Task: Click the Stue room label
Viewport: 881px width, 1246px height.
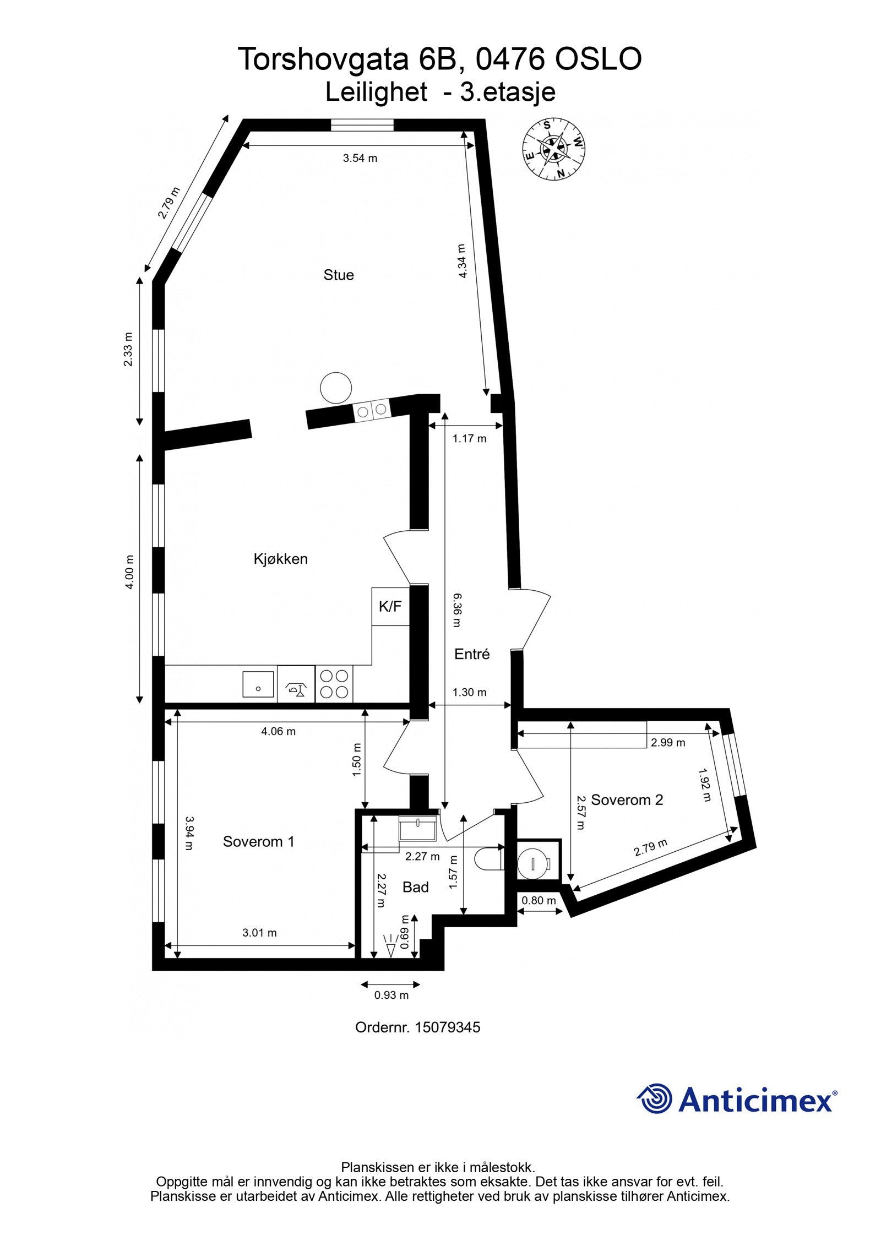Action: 338,275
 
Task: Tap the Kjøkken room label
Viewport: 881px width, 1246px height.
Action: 280,559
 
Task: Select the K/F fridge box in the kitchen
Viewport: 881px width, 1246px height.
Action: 390,606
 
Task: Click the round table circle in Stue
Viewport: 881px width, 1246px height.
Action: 336,388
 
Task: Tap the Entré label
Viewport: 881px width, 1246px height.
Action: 472,654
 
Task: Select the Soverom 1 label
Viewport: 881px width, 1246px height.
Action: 258,841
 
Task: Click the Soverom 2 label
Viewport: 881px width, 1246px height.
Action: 627,800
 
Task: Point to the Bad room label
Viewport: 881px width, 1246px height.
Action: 415,887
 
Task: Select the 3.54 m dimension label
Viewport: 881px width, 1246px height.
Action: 360,159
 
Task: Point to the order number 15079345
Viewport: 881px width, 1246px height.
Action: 447,1027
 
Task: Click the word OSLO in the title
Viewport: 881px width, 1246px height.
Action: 598,59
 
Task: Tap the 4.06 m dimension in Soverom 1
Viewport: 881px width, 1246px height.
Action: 278,731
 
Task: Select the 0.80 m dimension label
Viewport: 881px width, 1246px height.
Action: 539,900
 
